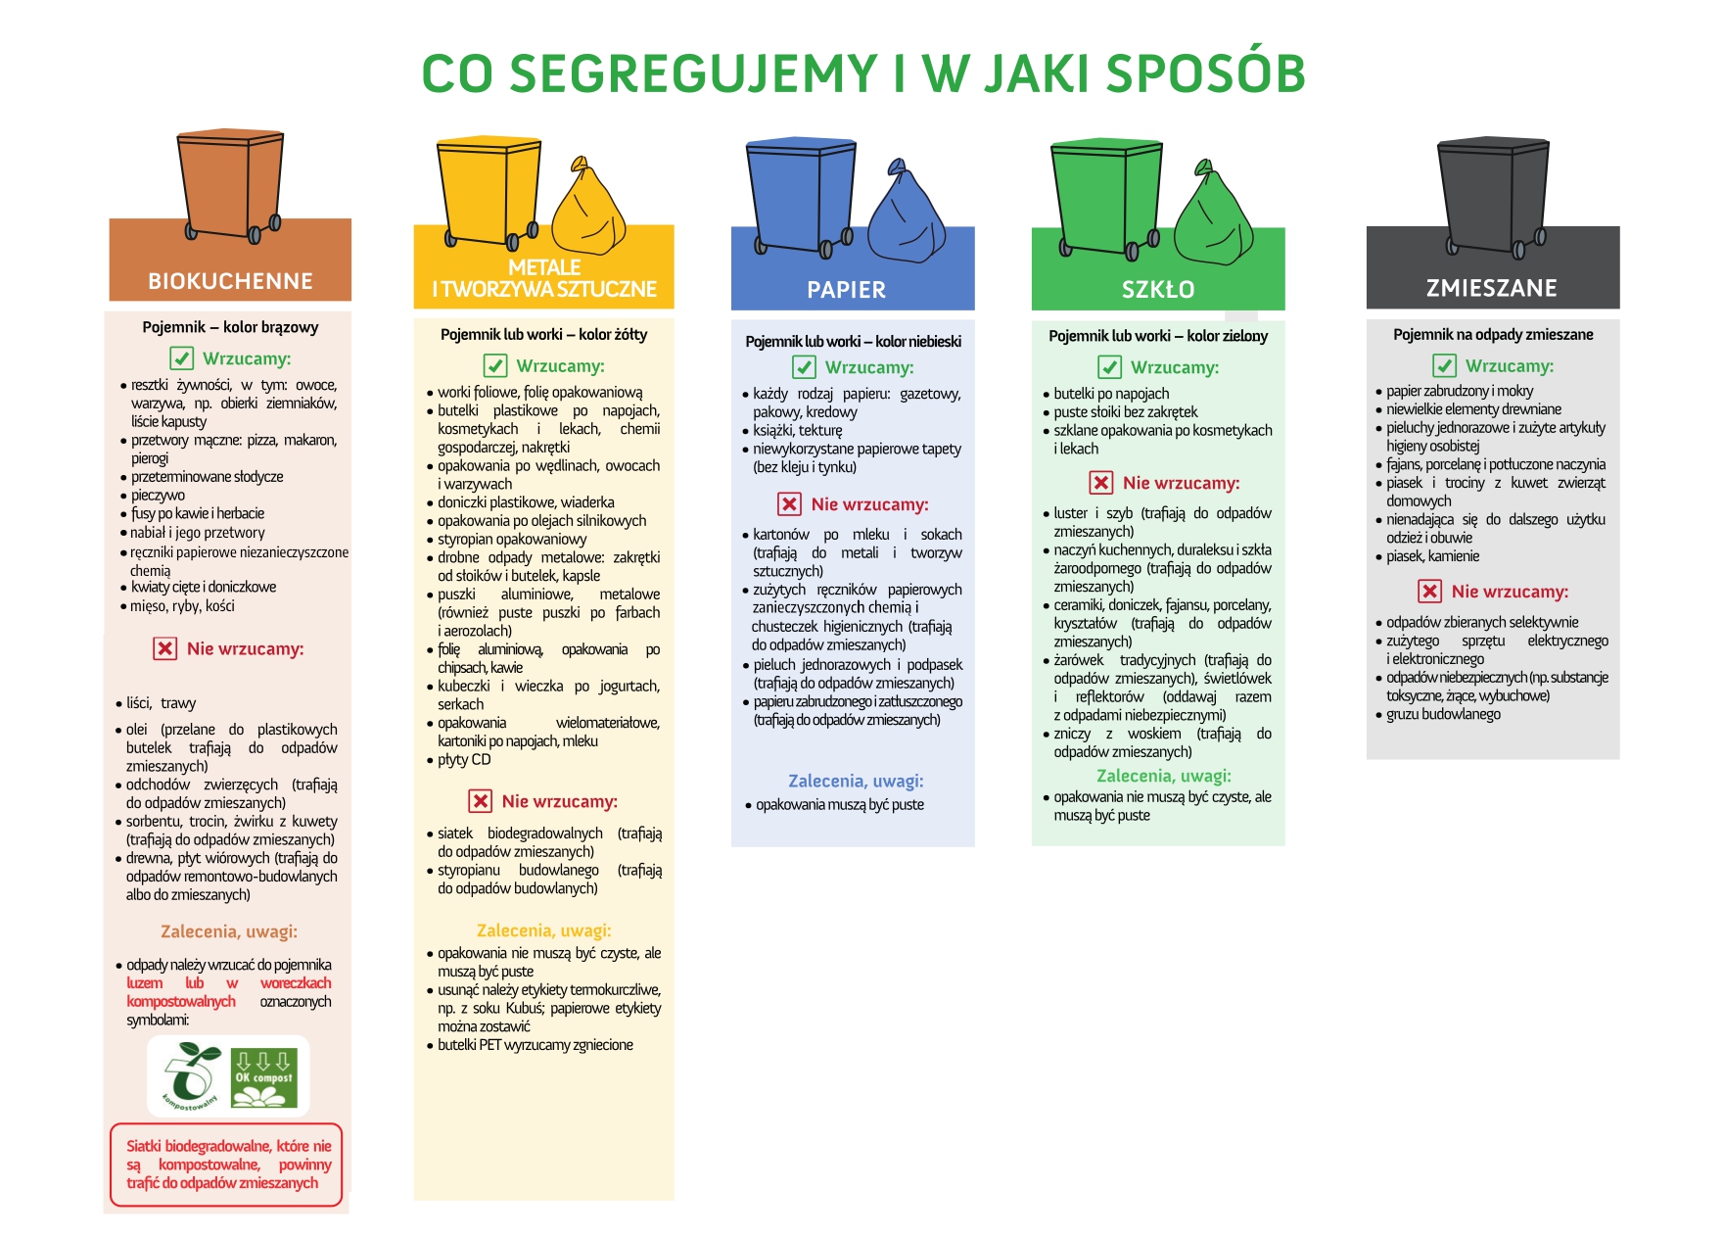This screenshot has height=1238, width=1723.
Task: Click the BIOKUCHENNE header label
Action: click(x=230, y=282)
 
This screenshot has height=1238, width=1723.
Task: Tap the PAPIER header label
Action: click(x=846, y=290)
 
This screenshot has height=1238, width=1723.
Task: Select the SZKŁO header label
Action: click(x=1158, y=290)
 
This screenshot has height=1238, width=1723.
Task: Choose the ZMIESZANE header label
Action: click(x=1491, y=288)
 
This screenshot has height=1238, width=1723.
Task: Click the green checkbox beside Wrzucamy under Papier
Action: click(x=804, y=367)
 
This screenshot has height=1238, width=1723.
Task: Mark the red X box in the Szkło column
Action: click(x=1101, y=483)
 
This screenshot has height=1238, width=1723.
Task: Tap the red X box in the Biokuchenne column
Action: click(x=164, y=648)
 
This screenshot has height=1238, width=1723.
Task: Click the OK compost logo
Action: click(x=263, y=1078)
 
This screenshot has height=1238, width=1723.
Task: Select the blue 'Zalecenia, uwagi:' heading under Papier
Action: click(x=856, y=782)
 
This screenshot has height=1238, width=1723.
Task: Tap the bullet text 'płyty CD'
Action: click(x=464, y=760)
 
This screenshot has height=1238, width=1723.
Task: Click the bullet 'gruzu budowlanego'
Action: click(x=1443, y=714)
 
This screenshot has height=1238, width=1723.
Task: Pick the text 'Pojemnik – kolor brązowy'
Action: click(x=230, y=327)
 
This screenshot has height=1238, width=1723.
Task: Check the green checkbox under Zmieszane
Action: click(x=1444, y=366)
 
